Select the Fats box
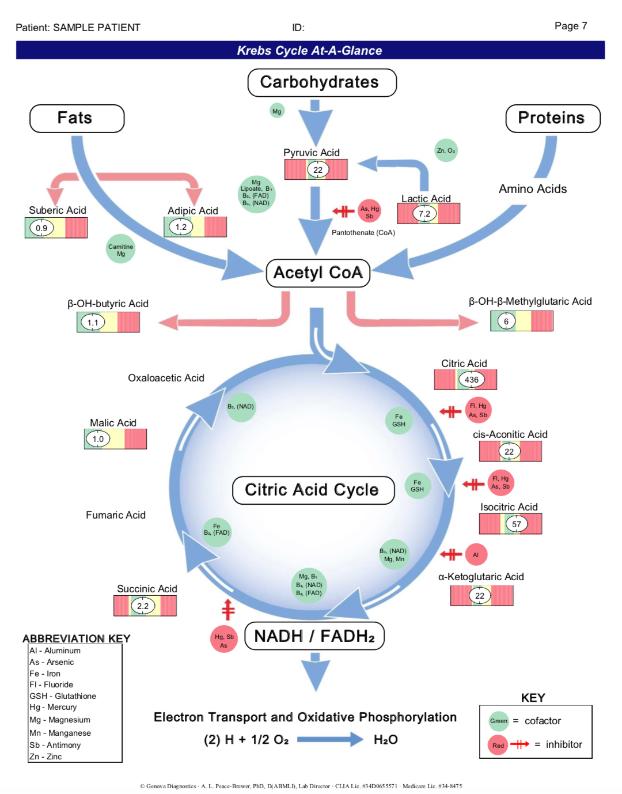(x=77, y=119)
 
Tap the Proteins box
(x=552, y=119)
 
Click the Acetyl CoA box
(x=318, y=273)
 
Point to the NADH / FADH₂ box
(x=314, y=636)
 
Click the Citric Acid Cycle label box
(x=313, y=490)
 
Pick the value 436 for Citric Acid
(x=472, y=380)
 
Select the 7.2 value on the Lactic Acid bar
(x=424, y=214)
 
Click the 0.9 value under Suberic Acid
(x=41, y=228)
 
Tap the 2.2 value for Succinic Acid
(x=143, y=606)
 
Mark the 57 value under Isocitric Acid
(x=517, y=524)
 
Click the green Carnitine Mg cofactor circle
(x=121, y=249)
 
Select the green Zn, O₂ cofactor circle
(x=446, y=151)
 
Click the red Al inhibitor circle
(x=476, y=555)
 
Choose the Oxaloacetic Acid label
(x=166, y=378)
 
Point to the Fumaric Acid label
(x=116, y=515)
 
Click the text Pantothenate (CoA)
(x=363, y=233)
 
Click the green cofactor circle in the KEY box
(x=499, y=721)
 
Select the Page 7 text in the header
(x=571, y=26)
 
